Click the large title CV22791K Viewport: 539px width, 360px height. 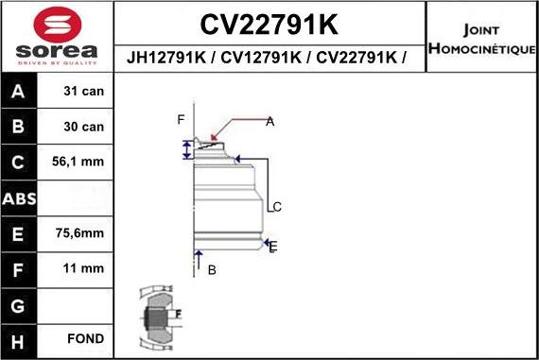pyautogui.click(x=269, y=22)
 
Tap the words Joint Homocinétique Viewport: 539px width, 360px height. pyautogui.click(x=481, y=37)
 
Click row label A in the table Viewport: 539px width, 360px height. pyautogui.click(x=20, y=92)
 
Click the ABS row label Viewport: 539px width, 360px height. pyautogui.click(x=20, y=198)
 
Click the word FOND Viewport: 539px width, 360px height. pyautogui.click(x=85, y=338)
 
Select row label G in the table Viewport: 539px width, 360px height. pyautogui.click(x=20, y=304)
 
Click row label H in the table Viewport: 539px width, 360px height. pyautogui.click(x=20, y=338)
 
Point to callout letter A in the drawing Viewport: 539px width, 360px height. pyautogui.click(x=269, y=121)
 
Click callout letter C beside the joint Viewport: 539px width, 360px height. pyautogui.click(x=277, y=207)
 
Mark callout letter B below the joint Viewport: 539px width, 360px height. pyautogui.click(x=212, y=270)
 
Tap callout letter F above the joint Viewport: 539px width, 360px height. pyautogui.click(x=181, y=119)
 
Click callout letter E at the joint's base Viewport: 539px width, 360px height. pyautogui.click(x=273, y=247)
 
